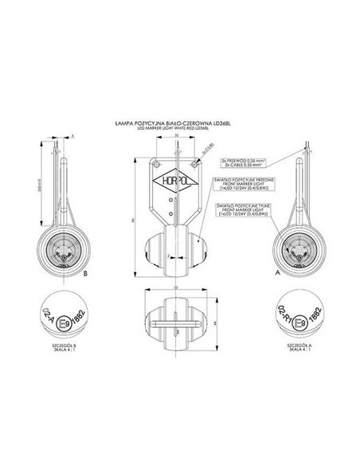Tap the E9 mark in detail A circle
coord(299,326)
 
